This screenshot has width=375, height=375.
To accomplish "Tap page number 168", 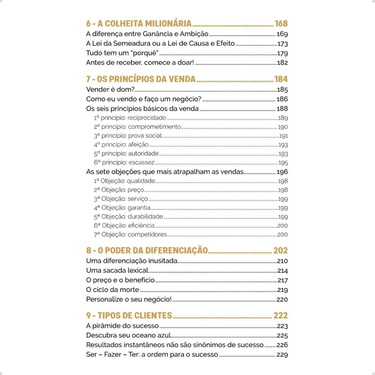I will [x=281, y=24].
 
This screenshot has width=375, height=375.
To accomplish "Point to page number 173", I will [x=282, y=44].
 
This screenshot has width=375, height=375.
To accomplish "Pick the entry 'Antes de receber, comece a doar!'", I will [x=140, y=63].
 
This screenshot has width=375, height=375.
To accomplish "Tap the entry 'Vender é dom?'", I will [x=110, y=89].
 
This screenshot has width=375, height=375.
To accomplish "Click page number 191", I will [x=283, y=136].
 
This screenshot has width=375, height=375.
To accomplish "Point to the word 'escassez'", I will [x=141, y=163].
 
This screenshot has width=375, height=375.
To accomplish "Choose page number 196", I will [x=282, y=172].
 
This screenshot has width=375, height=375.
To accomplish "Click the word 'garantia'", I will [x=139, y=208].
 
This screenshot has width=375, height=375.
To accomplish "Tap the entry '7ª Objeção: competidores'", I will [x=130, y=234].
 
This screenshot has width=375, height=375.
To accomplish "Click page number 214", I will [x=282, y=271].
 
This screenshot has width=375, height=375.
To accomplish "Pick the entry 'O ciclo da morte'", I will [x=112, y=290].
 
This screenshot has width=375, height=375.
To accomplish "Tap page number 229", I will [x=282, y=354].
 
